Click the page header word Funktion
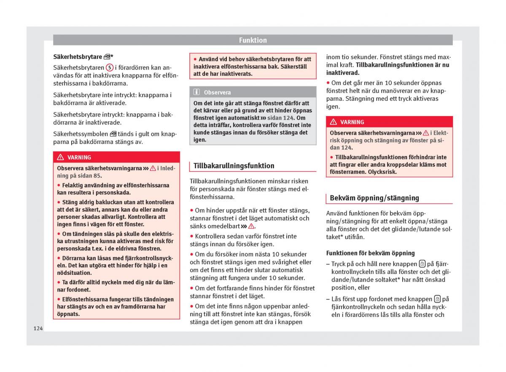[x=253, y=40]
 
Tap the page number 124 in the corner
[x=38, y=328]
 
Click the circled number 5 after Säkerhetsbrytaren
[x=110, y=67]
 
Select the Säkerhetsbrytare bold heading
[x=78, y=56]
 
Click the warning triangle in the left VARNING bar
[x=60, y=157]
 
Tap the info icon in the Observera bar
[x=197, y=92]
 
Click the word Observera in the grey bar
[x=217, y=92]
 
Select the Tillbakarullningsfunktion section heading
[x=234, y=166]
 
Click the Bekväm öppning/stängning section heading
[x=374, y=198]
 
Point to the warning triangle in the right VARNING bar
[x=334, y=122]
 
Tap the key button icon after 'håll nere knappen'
[x=422, y=264]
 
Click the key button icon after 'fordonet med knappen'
[x=437, y=299]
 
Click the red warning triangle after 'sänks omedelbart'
[x=252, y=226]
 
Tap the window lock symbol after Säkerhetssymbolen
[x=113, y=134]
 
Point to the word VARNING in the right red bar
[x=352, y=122]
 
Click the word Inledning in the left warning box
[x=168, y=168]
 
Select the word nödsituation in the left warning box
[x=74, y=273]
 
